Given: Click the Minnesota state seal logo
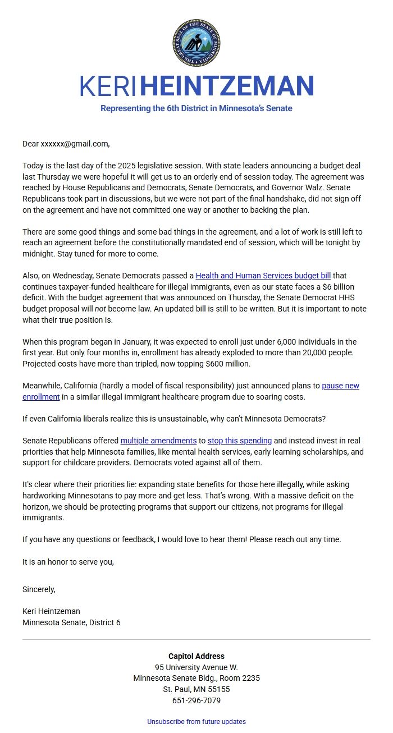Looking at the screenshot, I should [196, 43].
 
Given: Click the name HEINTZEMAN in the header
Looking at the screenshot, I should [226, 86].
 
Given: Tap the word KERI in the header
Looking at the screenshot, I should [108, 86].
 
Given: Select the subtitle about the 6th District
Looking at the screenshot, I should [196, 108].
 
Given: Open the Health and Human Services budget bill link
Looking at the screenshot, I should [263, 276].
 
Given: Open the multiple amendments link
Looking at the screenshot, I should [158, 441].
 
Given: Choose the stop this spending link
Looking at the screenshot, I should [240, 441].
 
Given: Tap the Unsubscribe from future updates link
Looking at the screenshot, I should [196, 722].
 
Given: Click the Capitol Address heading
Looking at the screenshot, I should [196, 656].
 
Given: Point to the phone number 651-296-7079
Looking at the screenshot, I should [196, 700].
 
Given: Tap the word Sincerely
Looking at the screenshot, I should [39, 589].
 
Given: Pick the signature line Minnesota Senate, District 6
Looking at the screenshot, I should [71, 622].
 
